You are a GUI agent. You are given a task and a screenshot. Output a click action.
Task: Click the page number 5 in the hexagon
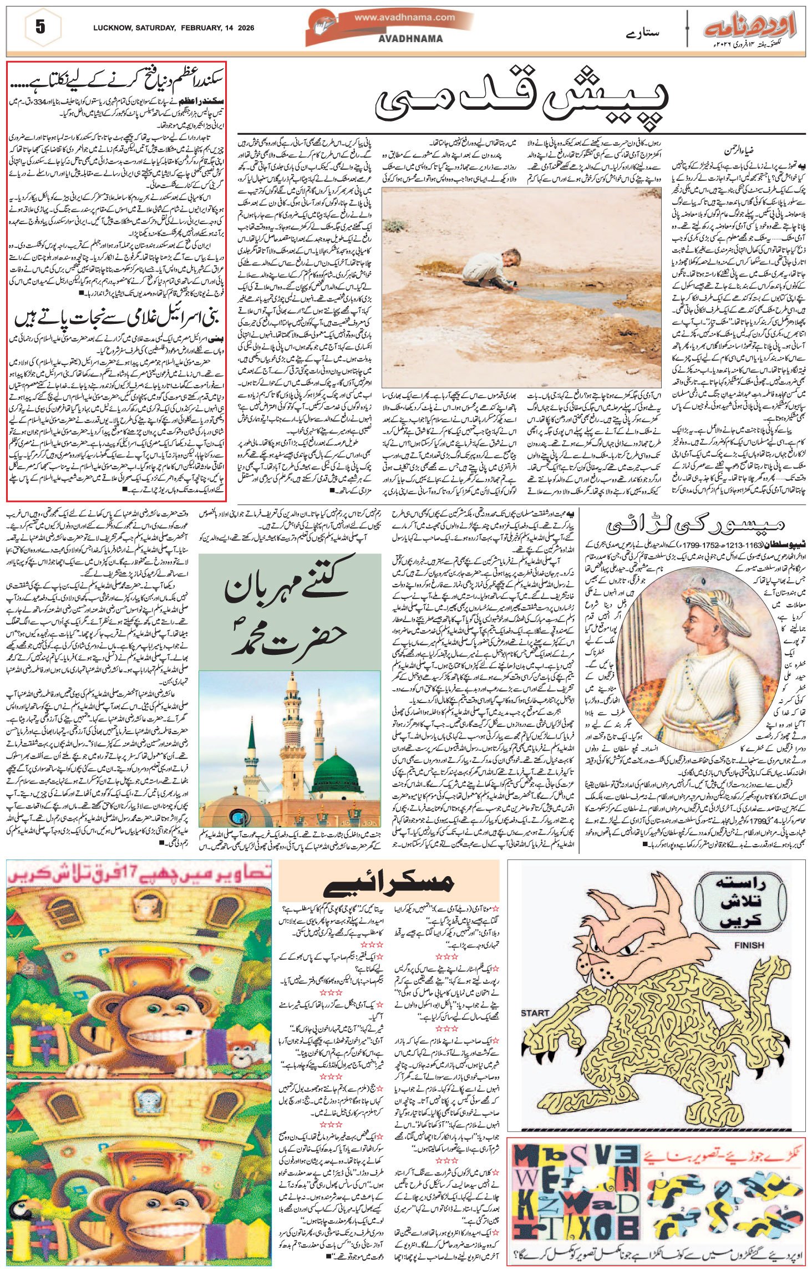40,28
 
